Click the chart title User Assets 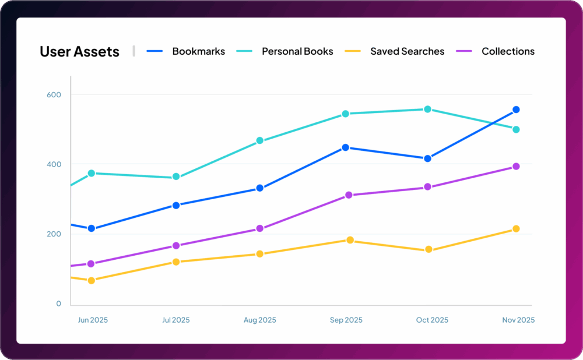tap(79, 51)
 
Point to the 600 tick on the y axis tap(54, 94)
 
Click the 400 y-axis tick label tap(54, 164)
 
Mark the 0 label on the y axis tap(58, 304)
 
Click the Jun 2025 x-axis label tap(93, 320)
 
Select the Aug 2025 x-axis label tap(259, 320)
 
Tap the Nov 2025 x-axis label tap(518, 320)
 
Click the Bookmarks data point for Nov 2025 tap(516, 110)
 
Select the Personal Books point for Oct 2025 tap(427, 109)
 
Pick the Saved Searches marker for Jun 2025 tap(91, 281)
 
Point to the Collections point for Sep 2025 tap(349, 195)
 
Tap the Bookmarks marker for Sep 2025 tap(345, 147)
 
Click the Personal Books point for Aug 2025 tap(259, 140)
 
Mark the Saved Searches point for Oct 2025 tap(429, 250)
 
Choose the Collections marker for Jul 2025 tap(175, 246)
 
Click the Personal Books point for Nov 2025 tap(516, 129)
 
